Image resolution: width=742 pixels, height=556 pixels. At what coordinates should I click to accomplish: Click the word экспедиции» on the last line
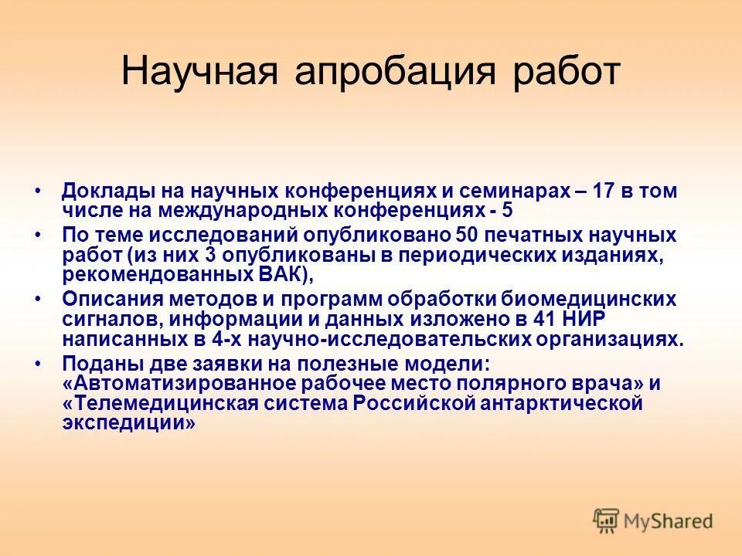coord(129,424)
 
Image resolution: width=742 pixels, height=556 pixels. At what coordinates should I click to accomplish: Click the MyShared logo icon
coord(606,520)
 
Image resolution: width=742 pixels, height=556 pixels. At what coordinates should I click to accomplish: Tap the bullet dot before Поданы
coord(38,363)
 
